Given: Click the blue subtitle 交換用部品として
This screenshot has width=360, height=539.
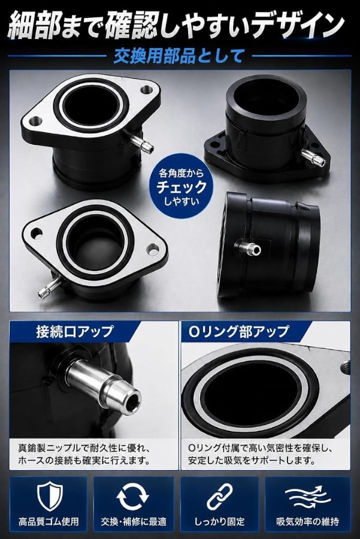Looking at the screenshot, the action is tap(179, 56).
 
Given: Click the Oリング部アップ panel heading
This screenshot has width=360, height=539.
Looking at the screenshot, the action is tap(238, 331).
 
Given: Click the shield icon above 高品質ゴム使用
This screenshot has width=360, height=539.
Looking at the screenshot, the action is tap(49, 496).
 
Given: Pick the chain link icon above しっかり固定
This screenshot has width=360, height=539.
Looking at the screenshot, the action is tap(220, 496).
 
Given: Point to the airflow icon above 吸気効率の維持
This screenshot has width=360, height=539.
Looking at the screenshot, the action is tap(307, 496).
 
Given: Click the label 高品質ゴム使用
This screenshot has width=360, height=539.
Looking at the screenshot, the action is tap(49, 522).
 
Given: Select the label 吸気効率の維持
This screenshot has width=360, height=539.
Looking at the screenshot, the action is tap(308, 522).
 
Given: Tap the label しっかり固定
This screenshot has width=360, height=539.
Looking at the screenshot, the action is tap(220, 522).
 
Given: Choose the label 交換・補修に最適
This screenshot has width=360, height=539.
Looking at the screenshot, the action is tap(134, 522).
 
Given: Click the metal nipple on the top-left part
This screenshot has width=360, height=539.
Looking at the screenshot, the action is tap(141, 143).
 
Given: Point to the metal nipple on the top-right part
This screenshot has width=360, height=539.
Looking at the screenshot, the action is tap(313, 156).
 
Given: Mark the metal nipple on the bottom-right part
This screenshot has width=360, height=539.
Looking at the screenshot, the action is tap(247, 247).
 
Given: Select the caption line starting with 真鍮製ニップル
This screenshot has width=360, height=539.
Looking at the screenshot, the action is tap(84, 448).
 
